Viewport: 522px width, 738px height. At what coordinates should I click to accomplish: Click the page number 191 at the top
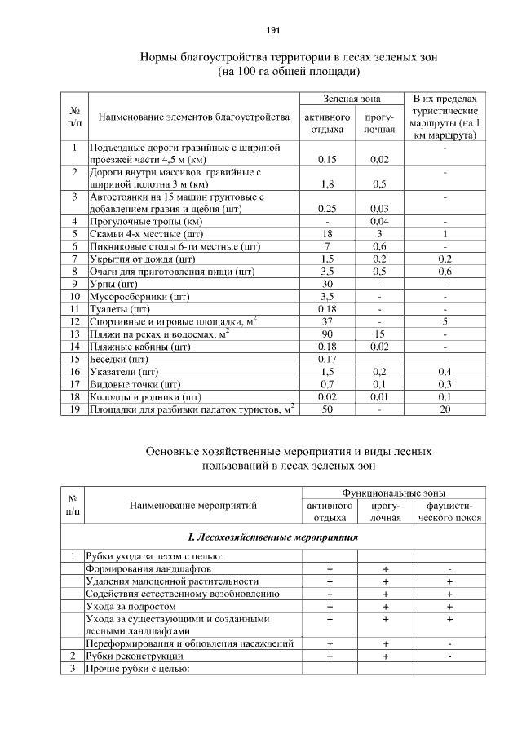[x=272, y=30]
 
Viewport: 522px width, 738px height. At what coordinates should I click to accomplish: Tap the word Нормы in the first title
[x=160, y=58]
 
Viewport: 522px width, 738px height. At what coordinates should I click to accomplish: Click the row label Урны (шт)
[x=114, y=283]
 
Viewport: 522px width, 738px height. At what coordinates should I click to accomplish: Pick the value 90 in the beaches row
[x=326, y=334]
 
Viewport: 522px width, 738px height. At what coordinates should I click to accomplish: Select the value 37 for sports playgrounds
[x=326, y=321]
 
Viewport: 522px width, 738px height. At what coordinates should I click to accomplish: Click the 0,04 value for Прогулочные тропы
[x=378, y=221]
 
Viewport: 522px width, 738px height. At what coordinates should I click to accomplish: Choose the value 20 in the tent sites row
[x=445, y=409]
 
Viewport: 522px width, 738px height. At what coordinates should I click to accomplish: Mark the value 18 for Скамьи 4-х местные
[x=326, y=233]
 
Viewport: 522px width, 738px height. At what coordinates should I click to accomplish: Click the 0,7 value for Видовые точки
[x=326, y=384]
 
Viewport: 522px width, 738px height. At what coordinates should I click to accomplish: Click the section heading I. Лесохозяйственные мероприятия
[x=273, y=538]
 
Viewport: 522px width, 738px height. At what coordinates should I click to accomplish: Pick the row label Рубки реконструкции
[x=135, y=656]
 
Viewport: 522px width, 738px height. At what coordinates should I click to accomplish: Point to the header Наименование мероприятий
[x=193, y=506]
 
